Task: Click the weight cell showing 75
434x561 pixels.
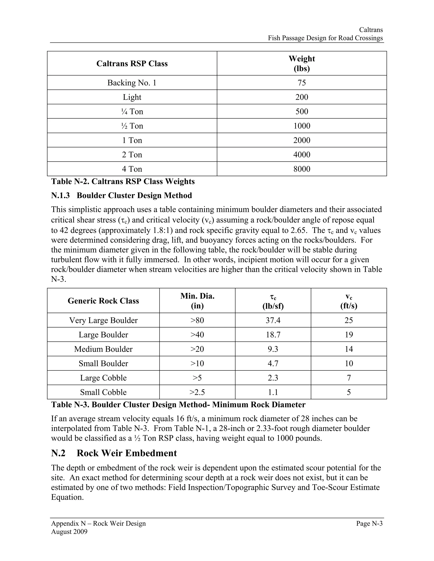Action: [302, 83]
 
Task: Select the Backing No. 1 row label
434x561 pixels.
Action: [132, 83]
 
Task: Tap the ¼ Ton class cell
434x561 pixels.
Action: [132, 112]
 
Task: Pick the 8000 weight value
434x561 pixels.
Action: [302, 169]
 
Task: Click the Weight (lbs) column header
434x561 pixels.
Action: [302, 64]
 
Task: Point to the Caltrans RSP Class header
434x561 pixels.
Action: [132, 64]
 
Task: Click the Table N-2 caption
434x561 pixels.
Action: [123, 181]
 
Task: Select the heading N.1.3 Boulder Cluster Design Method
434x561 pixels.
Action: [121, 195]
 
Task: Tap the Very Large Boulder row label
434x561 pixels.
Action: [103, 320]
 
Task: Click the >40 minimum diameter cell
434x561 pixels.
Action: [197, 335]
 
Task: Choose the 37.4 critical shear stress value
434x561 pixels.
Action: [273, 320]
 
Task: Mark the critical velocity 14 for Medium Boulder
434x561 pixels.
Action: [349, 349]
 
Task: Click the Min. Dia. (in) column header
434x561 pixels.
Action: [197, 301]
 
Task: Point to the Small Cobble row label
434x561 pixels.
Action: [103, 392]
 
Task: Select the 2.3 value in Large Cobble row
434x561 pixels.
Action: [273, 378]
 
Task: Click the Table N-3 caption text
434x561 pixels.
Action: [178, 405]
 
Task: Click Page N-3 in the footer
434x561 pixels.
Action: [369, 524]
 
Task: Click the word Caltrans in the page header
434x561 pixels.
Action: [371, 30]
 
